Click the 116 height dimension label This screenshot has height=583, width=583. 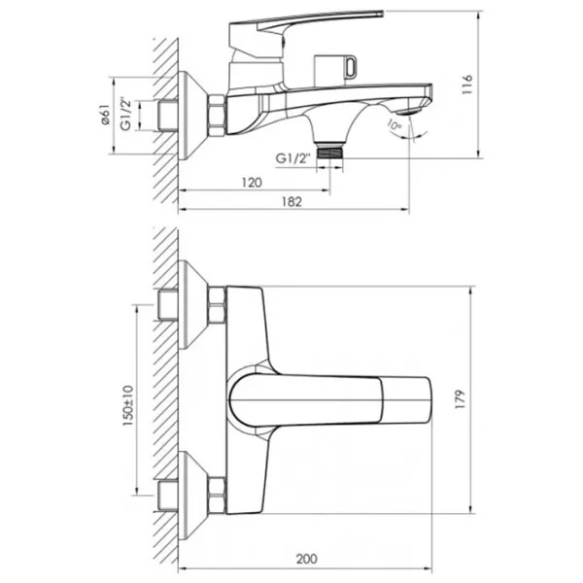[x=467, y=85]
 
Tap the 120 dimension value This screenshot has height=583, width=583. [x=252, y=183]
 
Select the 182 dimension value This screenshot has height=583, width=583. [x=291, y=201]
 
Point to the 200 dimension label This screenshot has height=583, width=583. [x=307, y=559]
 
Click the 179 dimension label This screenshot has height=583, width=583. [x=461, y=399]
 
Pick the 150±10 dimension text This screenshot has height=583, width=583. [x=128, y=405]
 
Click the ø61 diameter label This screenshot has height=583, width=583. [x=106, y=115]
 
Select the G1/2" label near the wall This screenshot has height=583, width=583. [x=126, y=115]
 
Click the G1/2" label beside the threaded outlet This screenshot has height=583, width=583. [x=292, y=158]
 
